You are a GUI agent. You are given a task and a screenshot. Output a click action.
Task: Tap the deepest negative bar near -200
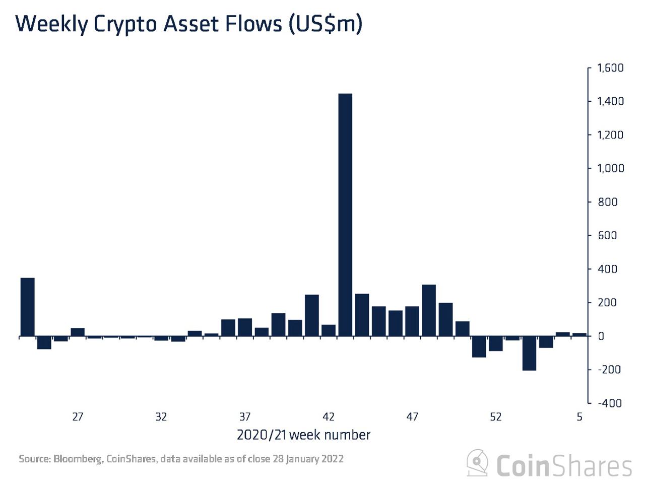(529, 353)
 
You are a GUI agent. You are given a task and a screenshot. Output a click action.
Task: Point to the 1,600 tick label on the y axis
(610, 68)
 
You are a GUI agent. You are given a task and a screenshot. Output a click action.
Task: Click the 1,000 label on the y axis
(610, 168)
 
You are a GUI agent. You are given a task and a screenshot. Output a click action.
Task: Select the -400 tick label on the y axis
(609, 403)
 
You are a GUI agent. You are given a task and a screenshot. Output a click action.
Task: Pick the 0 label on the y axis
(601, 336)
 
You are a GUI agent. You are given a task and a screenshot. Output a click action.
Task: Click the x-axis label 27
(77, 417)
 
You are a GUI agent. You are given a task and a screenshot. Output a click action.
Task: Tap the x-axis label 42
(329, 417)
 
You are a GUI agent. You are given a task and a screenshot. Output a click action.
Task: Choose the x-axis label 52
(496, 417)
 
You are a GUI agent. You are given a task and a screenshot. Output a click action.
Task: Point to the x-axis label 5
(579, 417)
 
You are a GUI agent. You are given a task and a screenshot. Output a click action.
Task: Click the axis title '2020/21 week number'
(303, 435)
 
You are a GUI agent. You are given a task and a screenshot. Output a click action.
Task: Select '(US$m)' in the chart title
(325, 24)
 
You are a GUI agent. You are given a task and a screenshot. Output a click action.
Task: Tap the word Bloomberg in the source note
(77, 459)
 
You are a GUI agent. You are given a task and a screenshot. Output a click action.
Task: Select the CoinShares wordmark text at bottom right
(563, 465)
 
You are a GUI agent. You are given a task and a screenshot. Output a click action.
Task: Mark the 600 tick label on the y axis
(607, 235)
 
